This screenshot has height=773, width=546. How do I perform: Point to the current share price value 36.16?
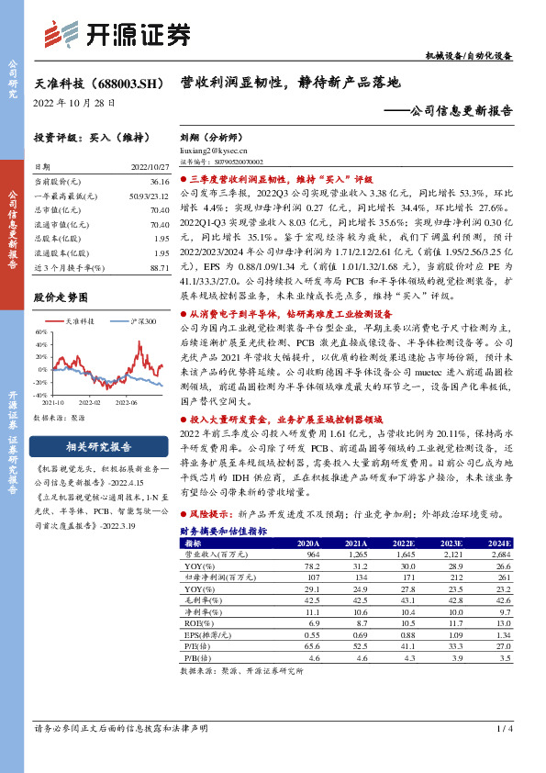(160, 183)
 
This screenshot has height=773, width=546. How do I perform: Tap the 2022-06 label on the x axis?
(125, 402)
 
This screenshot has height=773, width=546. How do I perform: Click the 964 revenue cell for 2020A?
(309, 555)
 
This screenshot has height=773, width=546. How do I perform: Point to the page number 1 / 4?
(503, 728)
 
